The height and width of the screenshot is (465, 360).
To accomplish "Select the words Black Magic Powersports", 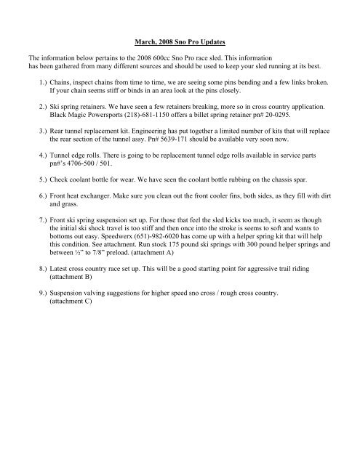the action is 84,114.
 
